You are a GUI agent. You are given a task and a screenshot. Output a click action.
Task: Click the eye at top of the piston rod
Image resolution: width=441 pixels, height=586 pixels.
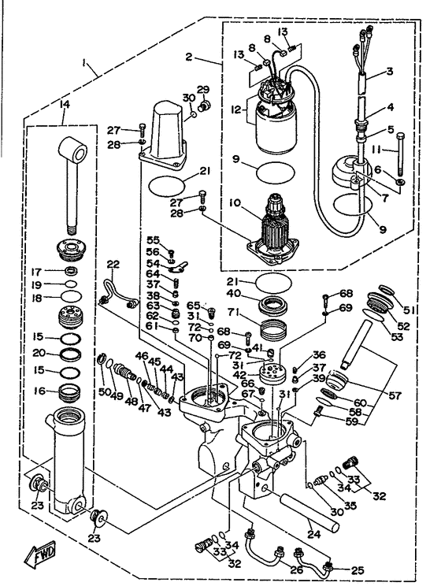click(x=70, y=150)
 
